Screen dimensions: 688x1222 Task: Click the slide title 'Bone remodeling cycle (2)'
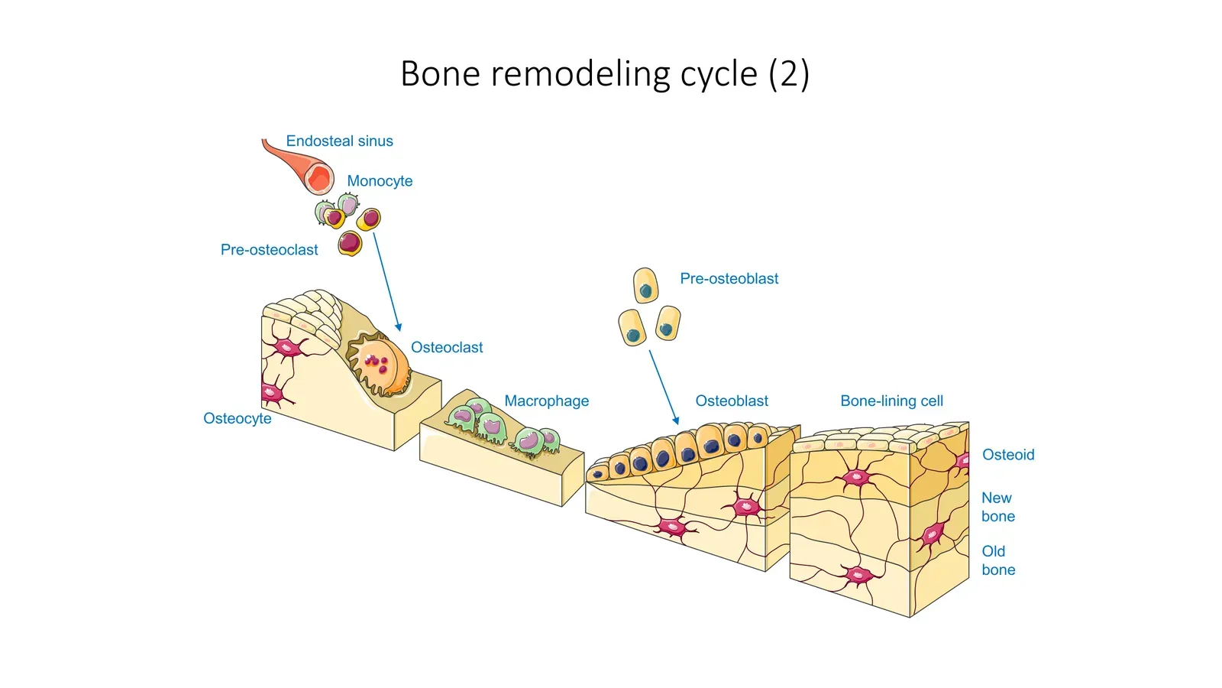click(604, 74)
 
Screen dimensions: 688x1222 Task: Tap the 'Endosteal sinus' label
click(339, 141)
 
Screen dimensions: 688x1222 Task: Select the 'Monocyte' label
click(380, 181)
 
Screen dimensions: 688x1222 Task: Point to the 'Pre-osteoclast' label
click(269, 250)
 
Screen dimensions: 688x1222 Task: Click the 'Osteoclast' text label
click(447, 348)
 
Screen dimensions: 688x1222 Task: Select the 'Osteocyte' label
click(237, 419)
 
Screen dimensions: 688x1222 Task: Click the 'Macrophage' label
click(546, 401)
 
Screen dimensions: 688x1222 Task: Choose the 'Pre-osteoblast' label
click(729, 279)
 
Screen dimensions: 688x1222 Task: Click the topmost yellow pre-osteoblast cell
click(645, 286)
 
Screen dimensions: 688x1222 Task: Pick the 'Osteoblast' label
click(732, 401)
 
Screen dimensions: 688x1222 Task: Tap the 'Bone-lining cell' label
click(891, 401)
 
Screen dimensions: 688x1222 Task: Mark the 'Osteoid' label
click(1008, 455)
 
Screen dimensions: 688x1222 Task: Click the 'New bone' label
click(997, 507)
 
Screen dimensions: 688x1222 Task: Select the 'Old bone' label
click(997, 560)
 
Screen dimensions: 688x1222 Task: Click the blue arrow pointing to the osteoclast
click(386, 282)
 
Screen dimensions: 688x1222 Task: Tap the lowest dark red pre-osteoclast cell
click(350, 243)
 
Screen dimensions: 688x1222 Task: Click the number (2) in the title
click(788, 74)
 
